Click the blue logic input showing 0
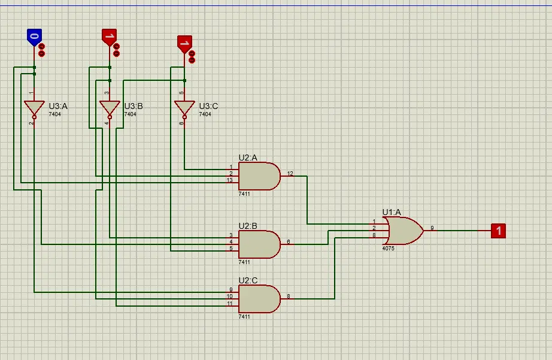[x=34, y=37]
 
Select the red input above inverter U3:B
[x=109, y=37]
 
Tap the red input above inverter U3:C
[x=184, y=43]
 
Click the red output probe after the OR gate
[x=498, y=230]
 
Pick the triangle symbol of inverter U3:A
[x=34, y=108]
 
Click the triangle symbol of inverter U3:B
[x=110, y=108]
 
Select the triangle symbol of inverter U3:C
[x=184, y=108]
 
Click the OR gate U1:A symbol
[x=403, y=230]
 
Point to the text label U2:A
[x=248, y=158]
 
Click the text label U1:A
[x=392, y=212]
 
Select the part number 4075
[x=388, y=248]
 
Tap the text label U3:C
[x=208, y=106]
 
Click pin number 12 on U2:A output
[x=290, y=174]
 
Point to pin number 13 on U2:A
[x=229, y=180]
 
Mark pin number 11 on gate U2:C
[x=229, y=304]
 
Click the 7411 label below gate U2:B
[x=244, y=262]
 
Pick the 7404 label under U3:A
[x=54, y=114]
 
